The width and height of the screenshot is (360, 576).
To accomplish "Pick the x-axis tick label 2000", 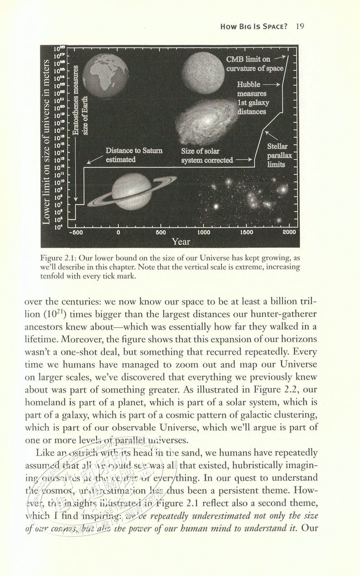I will (x=289, y=232).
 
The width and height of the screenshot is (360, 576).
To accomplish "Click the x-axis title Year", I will (x=181, y=241).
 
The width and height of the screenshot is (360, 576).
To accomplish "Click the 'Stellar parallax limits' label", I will (x=277, y=155).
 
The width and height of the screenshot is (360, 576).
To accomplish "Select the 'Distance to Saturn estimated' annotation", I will (x=134, y=155).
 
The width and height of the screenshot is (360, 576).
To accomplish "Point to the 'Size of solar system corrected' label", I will (x=207, y=155).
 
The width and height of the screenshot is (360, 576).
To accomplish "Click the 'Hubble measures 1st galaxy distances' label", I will (x=252, y=98).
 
